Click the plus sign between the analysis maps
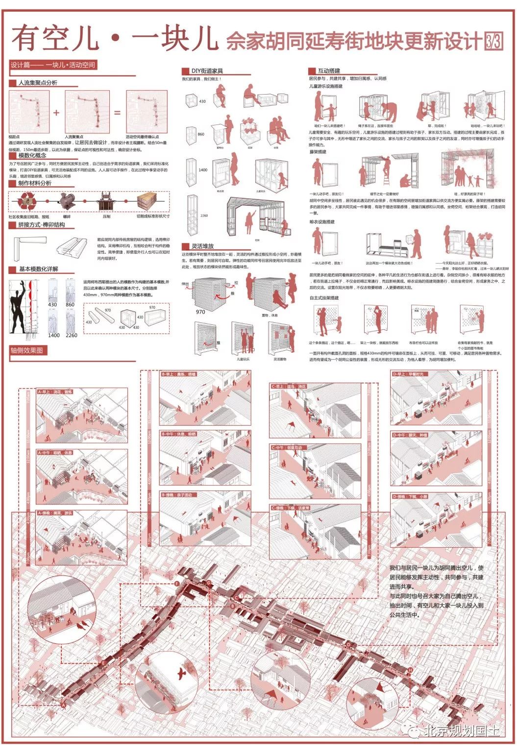point(56,113)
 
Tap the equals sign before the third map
point(117,113)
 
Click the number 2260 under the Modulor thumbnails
point(71,335)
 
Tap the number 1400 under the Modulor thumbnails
point(53,335)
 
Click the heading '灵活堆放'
point(202,246)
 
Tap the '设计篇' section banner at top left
point(53,65)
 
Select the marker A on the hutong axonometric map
point(63,705)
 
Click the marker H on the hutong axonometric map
point(410,670)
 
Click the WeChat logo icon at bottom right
point(414,731)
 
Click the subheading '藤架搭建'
point(318,152)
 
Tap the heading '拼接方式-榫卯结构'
point(41,225)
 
